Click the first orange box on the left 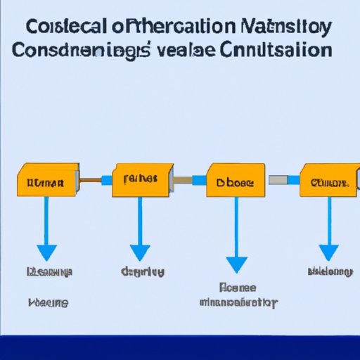click(46, 183)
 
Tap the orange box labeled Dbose click(236, 181)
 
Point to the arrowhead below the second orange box click(140, 252)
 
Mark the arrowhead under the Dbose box click(237, 264)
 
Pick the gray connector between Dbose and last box click(283, 181)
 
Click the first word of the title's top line click(68, 29)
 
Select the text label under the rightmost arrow click(329, 271)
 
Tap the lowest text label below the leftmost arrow click(48, 302)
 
